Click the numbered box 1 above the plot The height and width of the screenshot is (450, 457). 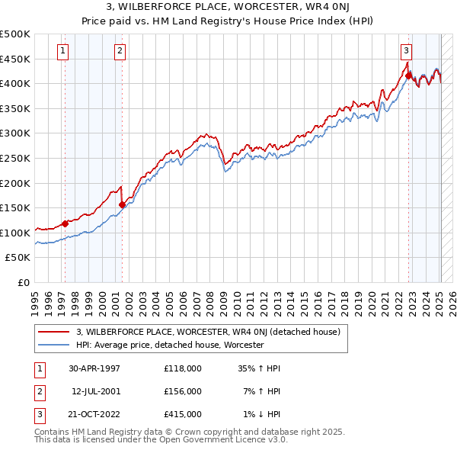62,51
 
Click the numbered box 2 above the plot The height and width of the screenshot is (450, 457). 120,51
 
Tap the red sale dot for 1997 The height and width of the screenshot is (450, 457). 66,223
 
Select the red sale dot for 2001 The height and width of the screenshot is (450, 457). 122,204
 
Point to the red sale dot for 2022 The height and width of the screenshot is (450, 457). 409,76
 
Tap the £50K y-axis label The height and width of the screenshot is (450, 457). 18,258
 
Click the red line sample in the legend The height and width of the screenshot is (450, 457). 53,332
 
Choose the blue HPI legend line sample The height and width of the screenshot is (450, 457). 53,345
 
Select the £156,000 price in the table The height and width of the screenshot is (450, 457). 183,391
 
